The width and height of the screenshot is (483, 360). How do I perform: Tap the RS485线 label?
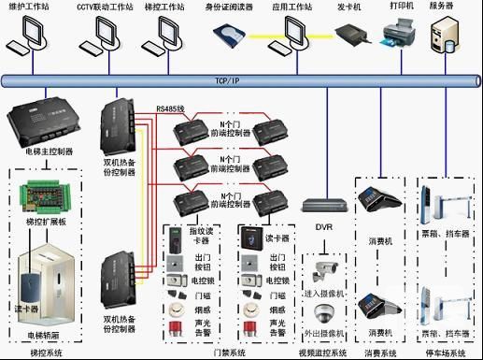click(x=170, y=108)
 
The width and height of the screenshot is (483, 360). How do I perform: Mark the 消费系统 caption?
click(x=380, y=353)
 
